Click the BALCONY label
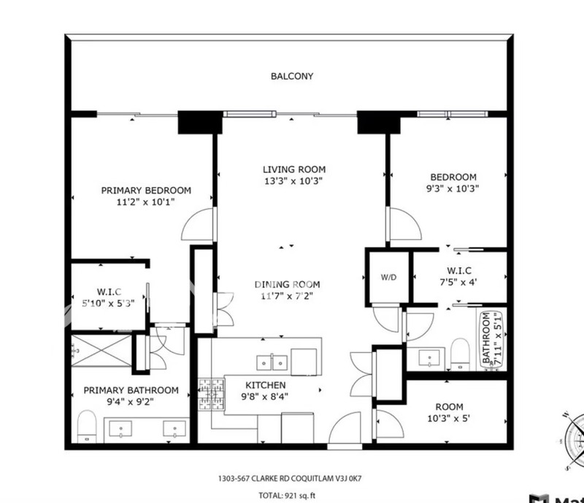(x=292, y=76)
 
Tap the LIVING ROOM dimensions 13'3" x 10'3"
(x=293, y=182)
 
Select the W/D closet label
(x=388, y=277)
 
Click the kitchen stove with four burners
(x=212, y=394)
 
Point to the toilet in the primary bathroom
(x=87, y=426)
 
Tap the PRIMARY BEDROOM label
(x=147, y=191)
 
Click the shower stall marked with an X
(x=101, y=350)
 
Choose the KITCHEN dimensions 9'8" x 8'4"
(x=265, y=397)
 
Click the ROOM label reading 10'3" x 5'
(x=448, y=412)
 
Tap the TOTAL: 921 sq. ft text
(x=287, y=496)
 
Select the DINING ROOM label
(x=287, y=285)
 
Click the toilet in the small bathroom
(x=460, y=354)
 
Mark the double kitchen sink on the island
(x=272, y=363)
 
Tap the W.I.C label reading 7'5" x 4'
(x=459, y=276)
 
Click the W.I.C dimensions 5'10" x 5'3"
(x=108, y=303)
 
